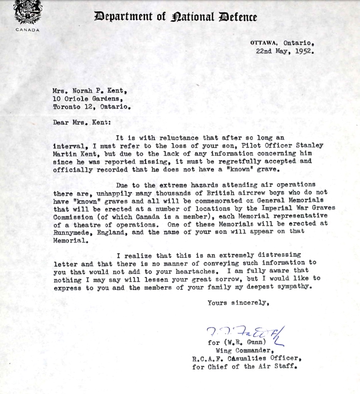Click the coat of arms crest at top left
(28, 12)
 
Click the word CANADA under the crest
(28, 30)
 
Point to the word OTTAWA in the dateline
(264, 43)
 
